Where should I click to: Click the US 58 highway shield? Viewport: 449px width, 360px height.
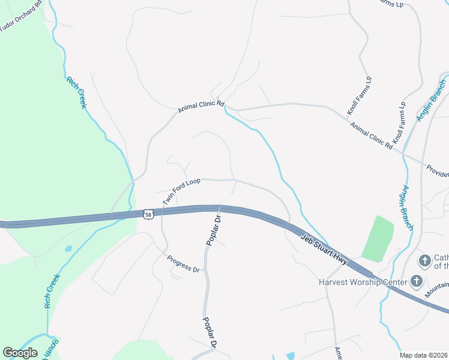pyautogui.click(x=148, y=214)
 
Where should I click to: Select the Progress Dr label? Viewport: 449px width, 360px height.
pyautogui.click(x=182, y=264)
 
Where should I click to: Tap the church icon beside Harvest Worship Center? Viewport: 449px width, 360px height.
pyautogui.click(x=416, y=281)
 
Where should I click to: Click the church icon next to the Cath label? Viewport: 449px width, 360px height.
pyautogui.click(x=424, y=260)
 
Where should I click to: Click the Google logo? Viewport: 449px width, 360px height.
pyautogui.click(x=20, y=353)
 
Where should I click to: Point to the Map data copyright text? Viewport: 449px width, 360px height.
pyautogui.click(x=424, y=355)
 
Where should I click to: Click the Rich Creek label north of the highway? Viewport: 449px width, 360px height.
pyautogui.click(x=77, y=92)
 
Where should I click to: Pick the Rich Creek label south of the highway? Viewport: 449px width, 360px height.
pyautogui.click(x=52, y=291)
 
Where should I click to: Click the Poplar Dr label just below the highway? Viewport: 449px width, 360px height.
pyautogui.click(x=214, y=230)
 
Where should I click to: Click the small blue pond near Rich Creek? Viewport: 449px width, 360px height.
pyautogui.click(x=68, y=248)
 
